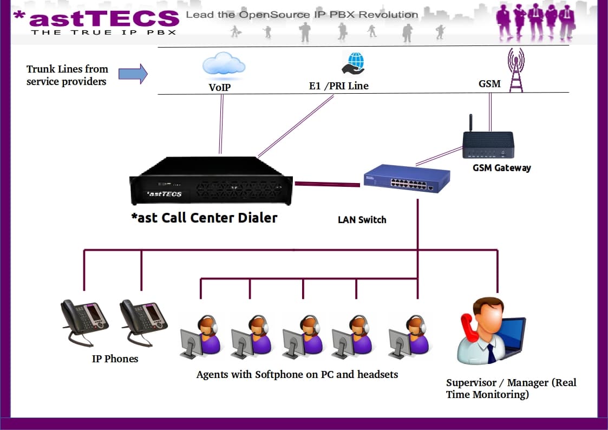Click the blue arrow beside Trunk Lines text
(x=133, y=74)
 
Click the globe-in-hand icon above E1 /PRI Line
(x=353, y=63)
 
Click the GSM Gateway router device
(x=487, y=145)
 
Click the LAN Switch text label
(x=362, y=219)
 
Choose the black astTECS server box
(x=211, y=182)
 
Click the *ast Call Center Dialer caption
(x=204, y=218)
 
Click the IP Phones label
(x=115, y=359)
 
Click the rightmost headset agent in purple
(x=410, y=336)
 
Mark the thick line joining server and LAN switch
(x=327, y=185)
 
